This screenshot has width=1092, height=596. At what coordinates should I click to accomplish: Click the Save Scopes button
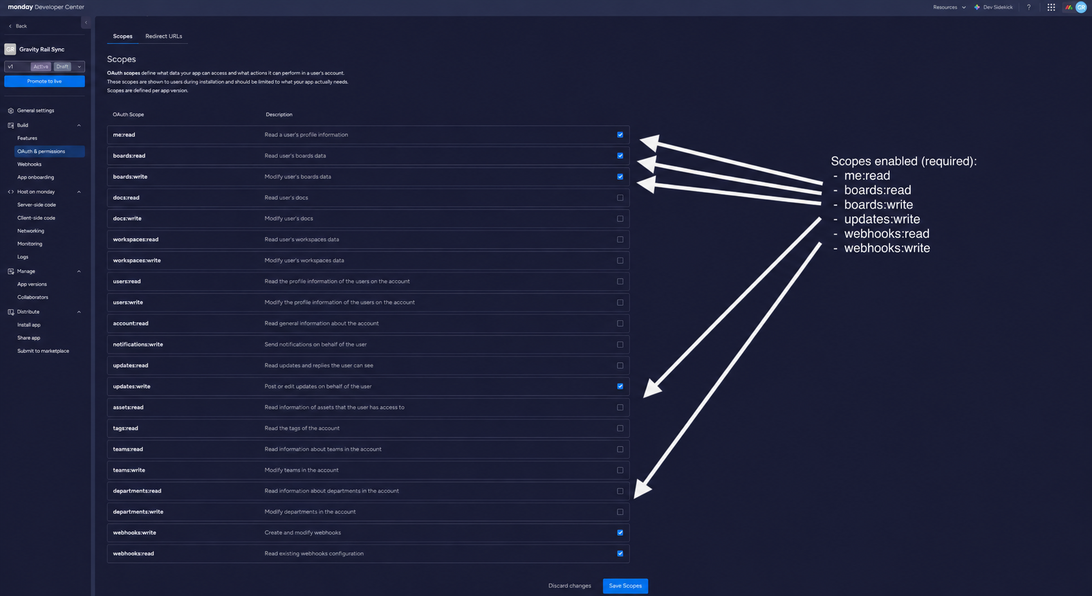[625, 586]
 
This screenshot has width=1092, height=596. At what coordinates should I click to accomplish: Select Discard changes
[569, 586]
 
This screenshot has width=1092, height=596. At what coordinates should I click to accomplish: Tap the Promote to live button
[44, 81]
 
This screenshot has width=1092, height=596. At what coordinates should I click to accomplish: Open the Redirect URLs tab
[163, 36]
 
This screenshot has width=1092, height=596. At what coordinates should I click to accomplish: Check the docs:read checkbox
[620, 197]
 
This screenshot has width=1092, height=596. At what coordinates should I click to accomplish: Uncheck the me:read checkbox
[620, 135]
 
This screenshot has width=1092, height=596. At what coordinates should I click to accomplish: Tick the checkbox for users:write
[620, 302]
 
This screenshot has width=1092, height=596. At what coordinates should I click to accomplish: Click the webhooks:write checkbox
[620, 533]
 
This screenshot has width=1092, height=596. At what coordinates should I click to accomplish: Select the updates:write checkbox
[620, 386]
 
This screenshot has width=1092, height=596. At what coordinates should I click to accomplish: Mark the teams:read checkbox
[620, 449]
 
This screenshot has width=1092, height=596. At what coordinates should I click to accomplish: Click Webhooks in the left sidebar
[29, 164]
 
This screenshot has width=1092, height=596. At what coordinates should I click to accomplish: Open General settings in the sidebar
[35, 111]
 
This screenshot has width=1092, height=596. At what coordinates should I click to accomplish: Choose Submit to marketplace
[43, 350]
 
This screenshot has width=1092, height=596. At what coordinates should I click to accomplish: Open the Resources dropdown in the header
[949, 7]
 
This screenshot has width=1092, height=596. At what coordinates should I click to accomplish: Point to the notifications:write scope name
[138, 344]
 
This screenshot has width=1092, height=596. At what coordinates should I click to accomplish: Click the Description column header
[279, 114]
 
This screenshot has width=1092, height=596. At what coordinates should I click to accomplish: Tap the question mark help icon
[1029, 7]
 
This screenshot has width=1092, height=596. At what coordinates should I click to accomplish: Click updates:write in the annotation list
[882, 219]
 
